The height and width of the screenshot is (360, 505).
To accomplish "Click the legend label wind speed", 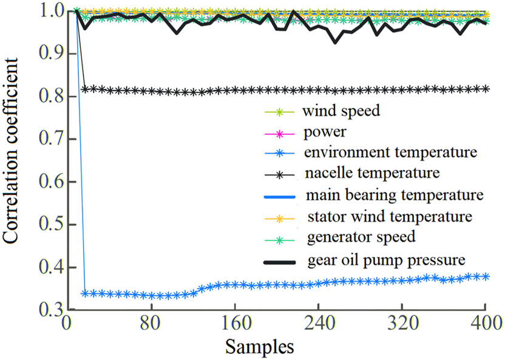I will (x=341, y=112).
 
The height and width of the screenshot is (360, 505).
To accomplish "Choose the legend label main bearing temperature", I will (x=395, y=195).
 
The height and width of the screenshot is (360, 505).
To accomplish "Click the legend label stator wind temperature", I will (x=390, y=216).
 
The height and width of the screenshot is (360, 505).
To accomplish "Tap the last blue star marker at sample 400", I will (x=485, y=276).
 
